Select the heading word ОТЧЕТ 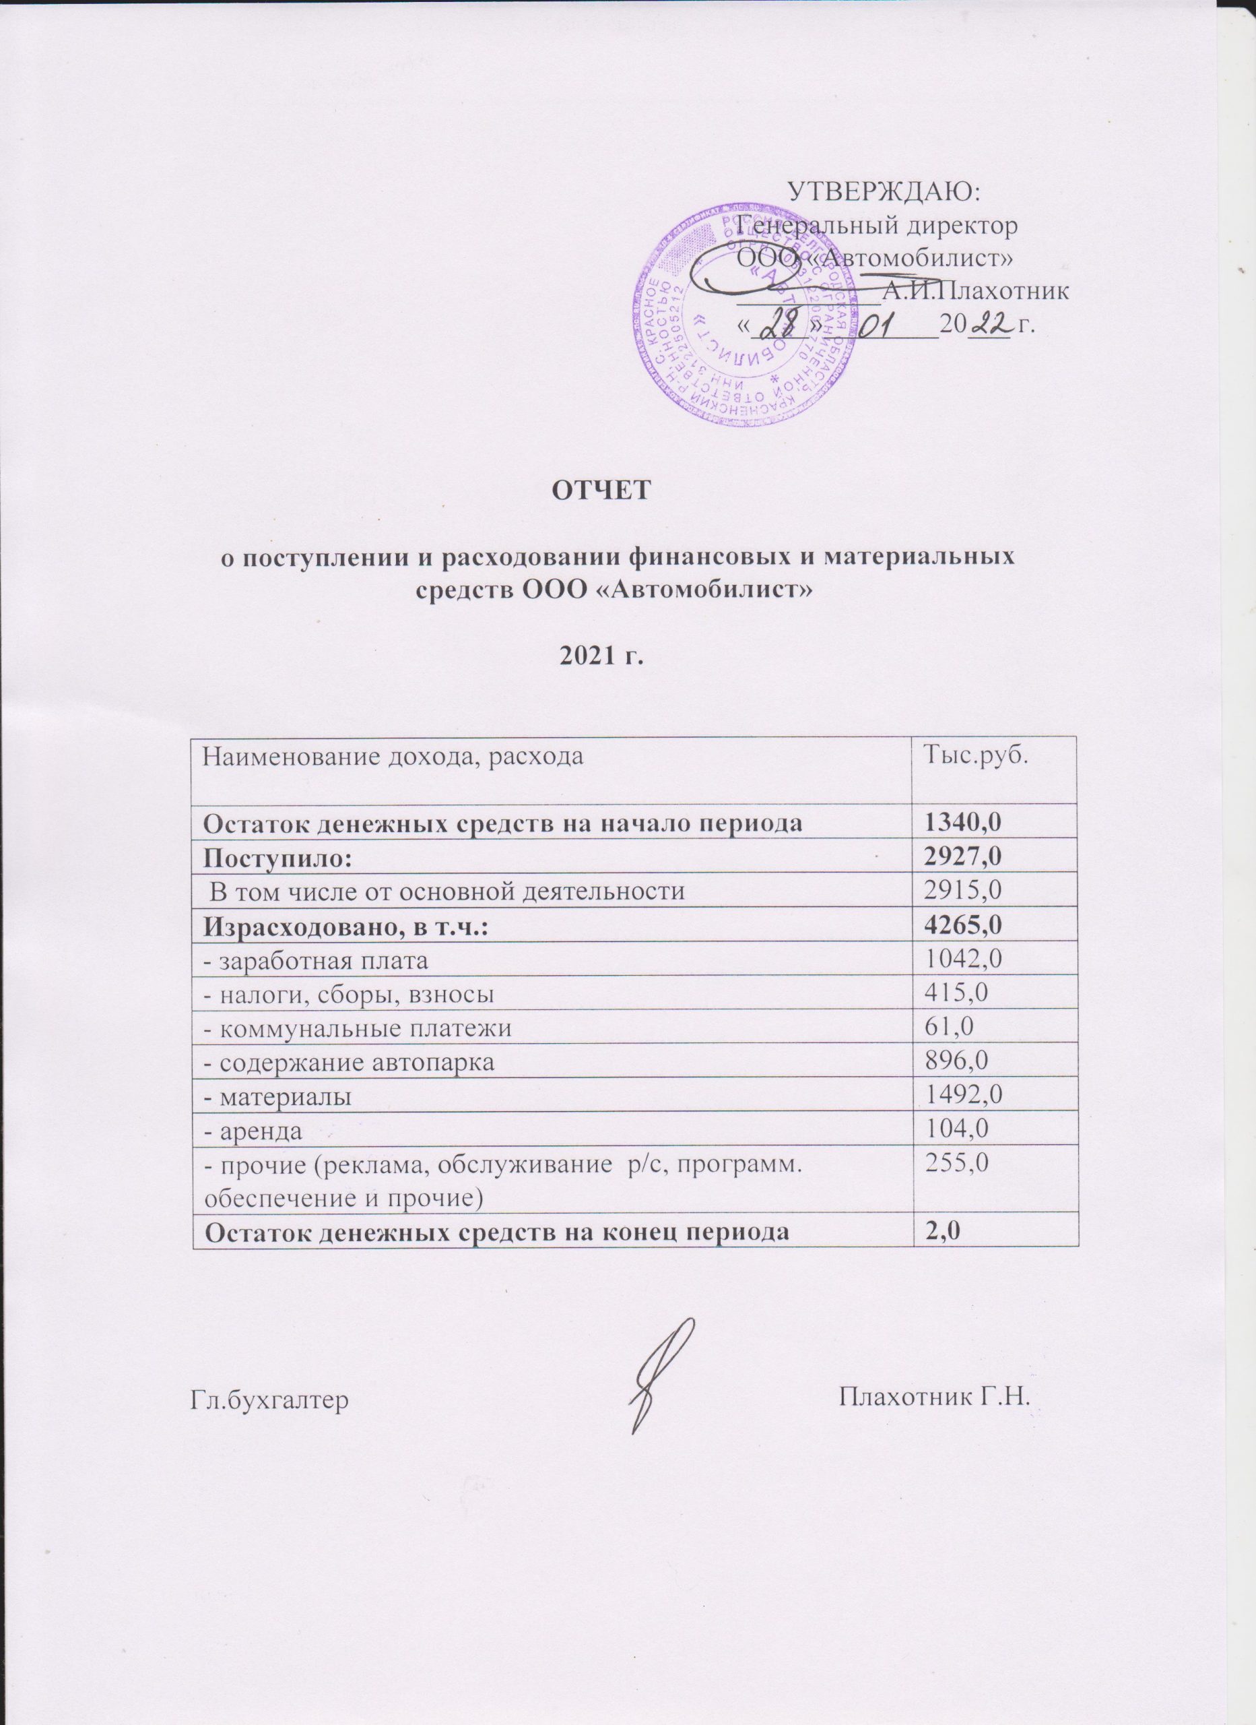(601, 489)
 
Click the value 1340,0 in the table (960, 823)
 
